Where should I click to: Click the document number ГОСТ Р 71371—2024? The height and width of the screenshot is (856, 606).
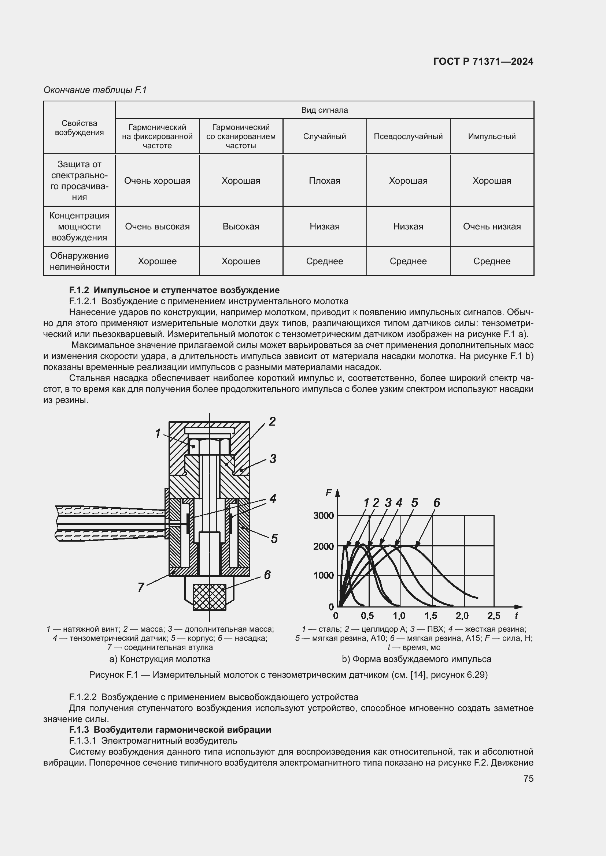483,62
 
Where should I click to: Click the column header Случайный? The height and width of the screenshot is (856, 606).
324,137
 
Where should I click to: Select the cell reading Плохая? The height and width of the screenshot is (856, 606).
324,181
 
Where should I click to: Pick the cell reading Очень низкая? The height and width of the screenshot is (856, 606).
491,226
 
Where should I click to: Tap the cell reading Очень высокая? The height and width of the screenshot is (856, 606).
157,226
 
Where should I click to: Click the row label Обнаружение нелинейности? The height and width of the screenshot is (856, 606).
79,261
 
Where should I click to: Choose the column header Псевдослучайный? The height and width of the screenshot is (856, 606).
408,137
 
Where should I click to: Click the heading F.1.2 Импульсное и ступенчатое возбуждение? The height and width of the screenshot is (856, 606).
174,290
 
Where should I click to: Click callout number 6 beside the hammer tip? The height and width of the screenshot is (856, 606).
267,575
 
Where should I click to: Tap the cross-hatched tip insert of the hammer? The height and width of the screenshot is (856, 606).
209,597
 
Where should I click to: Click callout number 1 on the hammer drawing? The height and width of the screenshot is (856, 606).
158,434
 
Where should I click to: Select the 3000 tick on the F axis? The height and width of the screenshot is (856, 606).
324,516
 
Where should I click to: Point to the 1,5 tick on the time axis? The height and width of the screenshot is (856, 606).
431,616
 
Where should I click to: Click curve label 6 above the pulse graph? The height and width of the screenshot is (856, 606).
437,503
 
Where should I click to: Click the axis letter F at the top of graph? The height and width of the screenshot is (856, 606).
329,493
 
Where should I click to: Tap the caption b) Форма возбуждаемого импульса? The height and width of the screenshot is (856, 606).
417,659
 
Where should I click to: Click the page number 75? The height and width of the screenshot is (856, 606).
528,779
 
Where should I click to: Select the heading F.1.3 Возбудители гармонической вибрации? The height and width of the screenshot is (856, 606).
170,730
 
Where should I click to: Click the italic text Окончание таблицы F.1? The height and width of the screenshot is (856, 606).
95,90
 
